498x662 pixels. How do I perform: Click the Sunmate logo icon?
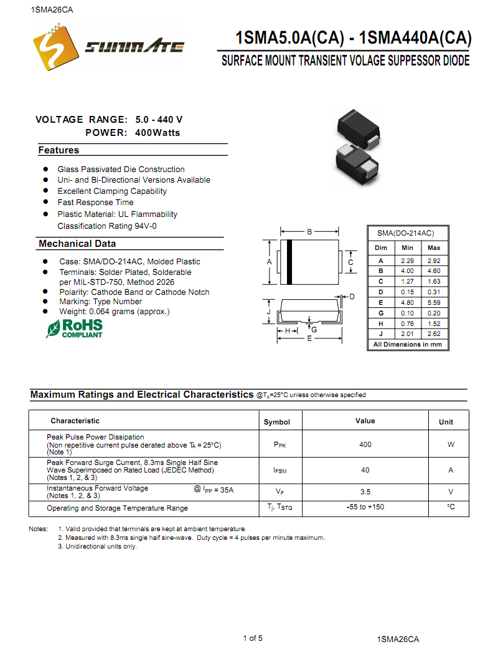point(53,47)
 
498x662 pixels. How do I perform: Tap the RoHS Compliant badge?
point(74,329)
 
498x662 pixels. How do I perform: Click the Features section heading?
point(59,150)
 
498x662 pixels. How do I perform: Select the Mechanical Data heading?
point(77,244)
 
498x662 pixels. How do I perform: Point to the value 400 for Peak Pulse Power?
point(365,444)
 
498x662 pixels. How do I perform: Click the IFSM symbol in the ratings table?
point(280,471)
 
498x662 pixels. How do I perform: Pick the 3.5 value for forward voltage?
point(365,492)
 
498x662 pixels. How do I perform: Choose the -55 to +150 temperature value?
point(365,507)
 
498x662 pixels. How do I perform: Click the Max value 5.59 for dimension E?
point(434,302)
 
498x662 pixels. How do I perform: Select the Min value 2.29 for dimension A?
point(407,260)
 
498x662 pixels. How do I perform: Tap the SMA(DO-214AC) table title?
point(405,233)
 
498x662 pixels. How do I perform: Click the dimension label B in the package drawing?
point(309,233)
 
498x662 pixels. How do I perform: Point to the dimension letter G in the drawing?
point(314,329)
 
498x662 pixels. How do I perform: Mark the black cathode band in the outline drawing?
point(289,262)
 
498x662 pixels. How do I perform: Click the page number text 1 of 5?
point(253,638)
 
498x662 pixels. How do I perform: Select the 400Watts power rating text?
point(157,133)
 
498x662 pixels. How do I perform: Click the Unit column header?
point(446,422)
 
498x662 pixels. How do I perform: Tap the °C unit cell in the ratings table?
point(451,507)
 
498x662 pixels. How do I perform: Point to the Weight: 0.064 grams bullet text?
point(114,312)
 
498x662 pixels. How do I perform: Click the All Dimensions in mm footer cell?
point(407,345)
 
